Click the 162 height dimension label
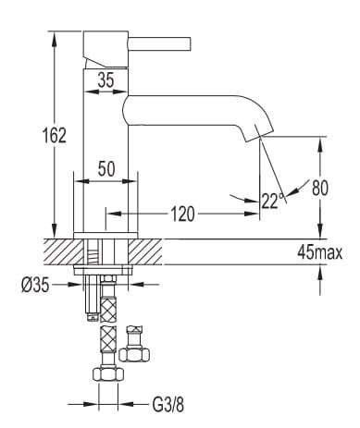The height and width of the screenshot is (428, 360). click(55, 135)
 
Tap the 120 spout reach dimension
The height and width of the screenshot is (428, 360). click(182, 214)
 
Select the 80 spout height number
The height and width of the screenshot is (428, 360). click(320, 188)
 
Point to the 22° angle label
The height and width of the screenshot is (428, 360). click(273, 201)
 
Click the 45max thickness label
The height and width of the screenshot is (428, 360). click(320, 253)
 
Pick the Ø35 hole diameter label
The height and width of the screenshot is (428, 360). click(35, 285)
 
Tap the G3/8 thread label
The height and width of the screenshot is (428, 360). click(168, 404)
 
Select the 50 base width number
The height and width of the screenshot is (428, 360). click(106, 168)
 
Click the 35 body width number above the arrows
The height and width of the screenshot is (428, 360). click(106, 79)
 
